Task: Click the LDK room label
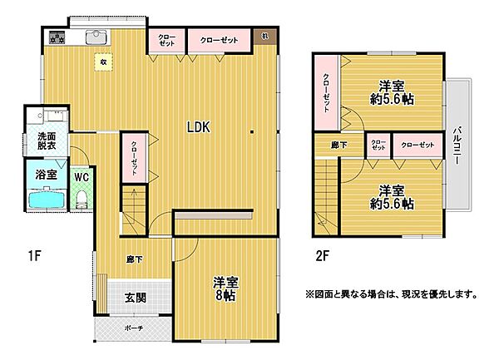[x=198, y=128]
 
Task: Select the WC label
[x=81, y=176]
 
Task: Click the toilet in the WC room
[x=82, y=198]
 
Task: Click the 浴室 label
[x=46, y=175]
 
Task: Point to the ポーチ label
[x=134, y=328]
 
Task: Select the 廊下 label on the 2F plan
[x=328, y=146]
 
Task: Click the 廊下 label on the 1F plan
[x=134, y=259]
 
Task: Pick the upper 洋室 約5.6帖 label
[x=393, y=92]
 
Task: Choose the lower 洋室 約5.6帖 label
[x=393, y=196]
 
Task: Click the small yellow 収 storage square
[x=103, y=62]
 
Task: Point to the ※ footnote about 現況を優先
[x=391, y=294]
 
